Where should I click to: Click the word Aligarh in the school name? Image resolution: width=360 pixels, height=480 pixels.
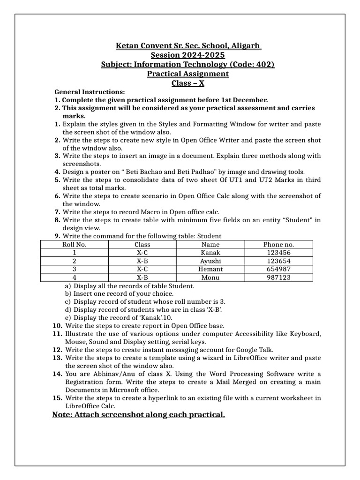[245, 46]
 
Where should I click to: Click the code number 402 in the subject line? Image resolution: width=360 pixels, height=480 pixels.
[264, 64]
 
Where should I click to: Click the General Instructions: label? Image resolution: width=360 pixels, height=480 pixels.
[90, 92]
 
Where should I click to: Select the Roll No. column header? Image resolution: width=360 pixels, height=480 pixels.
[75, 244]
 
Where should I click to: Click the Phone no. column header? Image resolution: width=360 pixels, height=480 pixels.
[278, 244]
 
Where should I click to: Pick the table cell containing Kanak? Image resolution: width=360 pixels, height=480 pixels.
[210, 253]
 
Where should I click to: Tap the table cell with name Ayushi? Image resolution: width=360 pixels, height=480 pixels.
[210, 261]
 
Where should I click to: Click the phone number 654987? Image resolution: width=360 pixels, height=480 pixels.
[278, 269]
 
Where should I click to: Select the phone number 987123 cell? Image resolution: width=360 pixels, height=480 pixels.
[278, 277]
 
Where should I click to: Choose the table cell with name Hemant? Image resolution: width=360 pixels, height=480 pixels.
[210, 269]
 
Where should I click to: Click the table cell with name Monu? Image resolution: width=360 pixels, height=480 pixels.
[210, 277]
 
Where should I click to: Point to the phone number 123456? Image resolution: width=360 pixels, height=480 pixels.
[278, 253]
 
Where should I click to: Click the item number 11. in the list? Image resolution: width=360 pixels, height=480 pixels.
[57, 333]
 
